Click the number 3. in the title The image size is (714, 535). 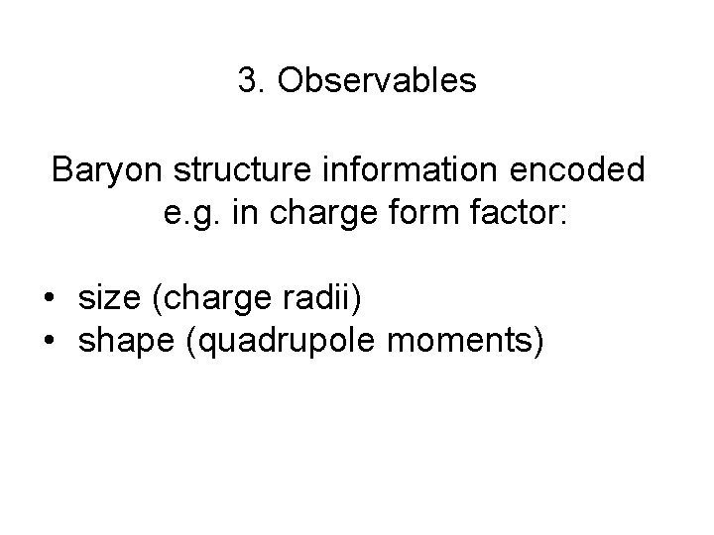click(252, 81)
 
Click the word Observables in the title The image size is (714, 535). click(377, 81)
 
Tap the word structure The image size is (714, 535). click(237, 170)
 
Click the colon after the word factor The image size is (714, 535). click(561, 218)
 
